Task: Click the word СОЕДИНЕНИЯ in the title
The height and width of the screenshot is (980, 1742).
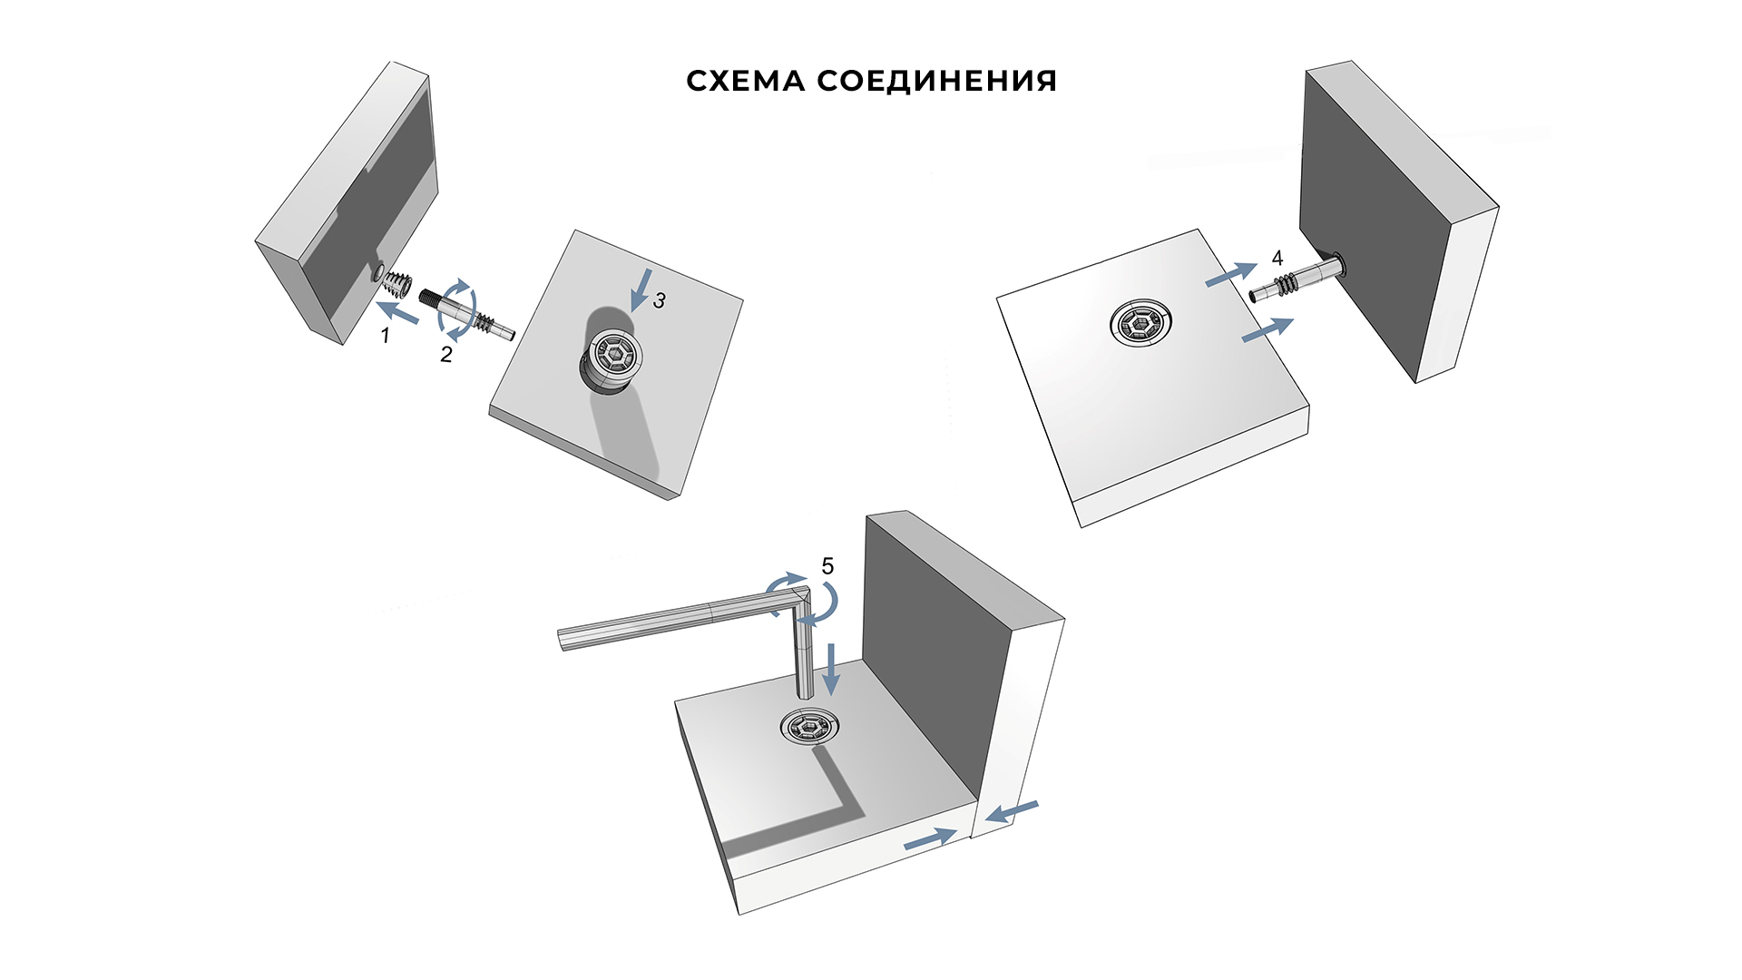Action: point(937,81)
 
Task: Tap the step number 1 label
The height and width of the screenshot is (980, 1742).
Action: point(385,336)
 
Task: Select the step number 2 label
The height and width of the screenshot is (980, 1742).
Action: point(445,355)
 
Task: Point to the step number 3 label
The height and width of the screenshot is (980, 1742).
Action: point(660,300)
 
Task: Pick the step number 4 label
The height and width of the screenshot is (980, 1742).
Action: point(1277,259)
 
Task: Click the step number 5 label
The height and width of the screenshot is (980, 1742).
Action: point(827,566)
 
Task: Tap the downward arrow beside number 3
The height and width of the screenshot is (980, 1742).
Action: point(641,289)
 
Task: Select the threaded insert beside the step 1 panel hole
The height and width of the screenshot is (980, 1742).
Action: point(396,285)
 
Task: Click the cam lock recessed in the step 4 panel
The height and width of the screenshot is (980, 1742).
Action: point(1140,323)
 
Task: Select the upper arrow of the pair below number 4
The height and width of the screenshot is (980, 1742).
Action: point(1231,273)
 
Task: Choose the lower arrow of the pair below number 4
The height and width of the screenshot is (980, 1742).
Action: point(1267,330)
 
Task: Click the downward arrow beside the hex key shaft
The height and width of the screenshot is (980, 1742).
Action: point(830,670)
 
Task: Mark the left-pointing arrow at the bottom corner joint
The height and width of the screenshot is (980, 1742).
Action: point(1012,812)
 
